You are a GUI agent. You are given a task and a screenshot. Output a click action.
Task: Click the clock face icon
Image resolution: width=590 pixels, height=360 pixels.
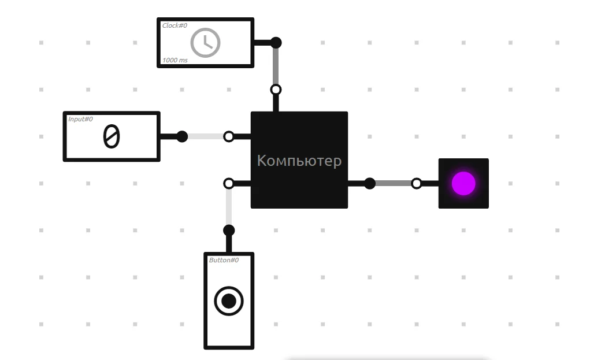click(x=205, y=43)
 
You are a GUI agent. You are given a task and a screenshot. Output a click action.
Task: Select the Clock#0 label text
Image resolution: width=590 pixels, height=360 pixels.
click(x=175, y=25)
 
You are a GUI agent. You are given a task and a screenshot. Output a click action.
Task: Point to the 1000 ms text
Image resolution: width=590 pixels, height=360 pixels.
click(x=175, y=60)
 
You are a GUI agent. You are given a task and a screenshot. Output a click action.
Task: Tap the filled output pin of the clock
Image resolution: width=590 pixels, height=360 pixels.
click(x=276, y=43)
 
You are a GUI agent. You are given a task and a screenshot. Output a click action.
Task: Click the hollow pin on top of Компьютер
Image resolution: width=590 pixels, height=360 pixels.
click(x=276, y=90)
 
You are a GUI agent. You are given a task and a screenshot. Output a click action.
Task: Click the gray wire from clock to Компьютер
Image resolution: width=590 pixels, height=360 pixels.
click(x=276, y=66)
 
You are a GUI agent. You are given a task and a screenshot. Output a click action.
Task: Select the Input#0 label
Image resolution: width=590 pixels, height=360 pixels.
click(x=80, y=119)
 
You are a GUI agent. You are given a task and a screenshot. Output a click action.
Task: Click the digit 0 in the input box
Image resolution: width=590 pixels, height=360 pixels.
click(x=112, y=136)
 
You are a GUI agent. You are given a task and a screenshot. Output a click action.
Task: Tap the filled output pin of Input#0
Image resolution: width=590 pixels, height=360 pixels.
click(x=182, y=136)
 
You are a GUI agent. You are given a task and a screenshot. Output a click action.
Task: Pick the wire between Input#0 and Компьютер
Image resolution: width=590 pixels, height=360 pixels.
click(x=206, y=136)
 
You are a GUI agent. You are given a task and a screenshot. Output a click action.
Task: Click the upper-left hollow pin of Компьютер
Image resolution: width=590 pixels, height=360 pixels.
click(x=229, y=136)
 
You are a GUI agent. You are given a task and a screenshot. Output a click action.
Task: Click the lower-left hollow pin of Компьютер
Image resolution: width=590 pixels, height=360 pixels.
click(x=229, y=184)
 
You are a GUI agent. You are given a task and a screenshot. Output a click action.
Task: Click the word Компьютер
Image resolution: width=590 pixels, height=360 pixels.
click(x=299, y=161)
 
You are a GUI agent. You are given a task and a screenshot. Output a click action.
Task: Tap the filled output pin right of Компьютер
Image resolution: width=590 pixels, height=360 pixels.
click(x=370, y=184)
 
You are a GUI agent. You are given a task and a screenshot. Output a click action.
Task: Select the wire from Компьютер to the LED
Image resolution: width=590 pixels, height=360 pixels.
click(x=393, y=184)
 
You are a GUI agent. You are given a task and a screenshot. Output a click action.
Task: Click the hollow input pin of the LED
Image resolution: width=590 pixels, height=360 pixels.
click(x=417, y=184)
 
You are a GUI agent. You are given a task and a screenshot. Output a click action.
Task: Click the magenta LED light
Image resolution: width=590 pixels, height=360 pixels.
click(x=463, y=184)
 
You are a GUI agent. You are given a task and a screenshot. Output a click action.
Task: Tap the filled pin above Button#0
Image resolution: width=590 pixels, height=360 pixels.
click(x=229, y=230)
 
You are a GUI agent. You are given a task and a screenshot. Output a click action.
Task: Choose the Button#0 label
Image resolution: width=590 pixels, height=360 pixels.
click(x=224, y=260)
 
